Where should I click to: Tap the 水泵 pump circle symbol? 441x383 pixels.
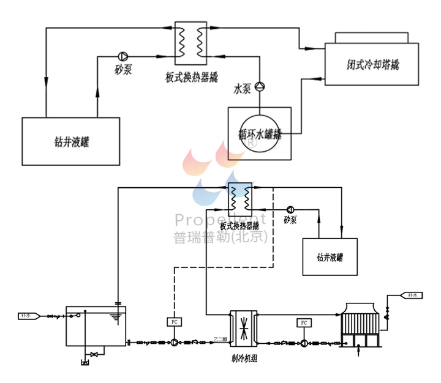tap(260, 86)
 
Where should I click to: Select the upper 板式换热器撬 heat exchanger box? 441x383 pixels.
tap(190, 43)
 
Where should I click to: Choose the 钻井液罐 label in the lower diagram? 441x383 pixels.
tap(330, 256)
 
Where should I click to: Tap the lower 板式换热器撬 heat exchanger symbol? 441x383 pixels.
tap(240, 198)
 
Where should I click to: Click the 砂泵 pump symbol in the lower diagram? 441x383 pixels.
tap(289, 207)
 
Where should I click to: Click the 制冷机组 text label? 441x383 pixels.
tap(245, 359)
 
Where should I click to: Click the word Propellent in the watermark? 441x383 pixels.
tap(221, 220)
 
